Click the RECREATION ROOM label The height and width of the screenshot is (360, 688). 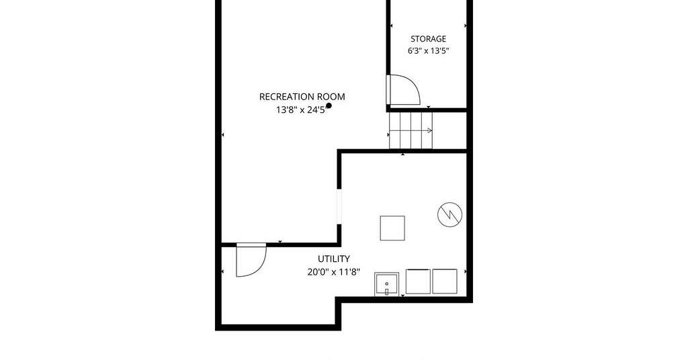(302, 97)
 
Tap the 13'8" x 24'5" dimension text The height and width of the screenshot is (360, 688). (302, 109)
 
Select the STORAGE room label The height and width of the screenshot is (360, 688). (428, 38)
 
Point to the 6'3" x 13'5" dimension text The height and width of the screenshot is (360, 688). (428, 50)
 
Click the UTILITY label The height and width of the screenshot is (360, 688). (333, 259)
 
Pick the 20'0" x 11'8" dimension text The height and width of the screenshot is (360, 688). (333, 272)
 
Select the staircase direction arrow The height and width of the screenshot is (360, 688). (411, 130)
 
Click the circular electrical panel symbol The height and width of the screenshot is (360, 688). (449, 214)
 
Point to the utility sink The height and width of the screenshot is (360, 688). (386, 283)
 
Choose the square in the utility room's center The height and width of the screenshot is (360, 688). (392, 228)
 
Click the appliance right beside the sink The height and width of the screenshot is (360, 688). (418, 281)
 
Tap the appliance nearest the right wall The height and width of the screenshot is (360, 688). (445, 281)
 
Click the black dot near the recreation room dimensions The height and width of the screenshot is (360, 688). (329, 105)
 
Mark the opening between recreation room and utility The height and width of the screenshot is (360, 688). (339, 206)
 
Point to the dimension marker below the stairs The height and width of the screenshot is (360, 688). (403, 154)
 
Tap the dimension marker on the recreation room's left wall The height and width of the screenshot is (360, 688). (222, 134)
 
